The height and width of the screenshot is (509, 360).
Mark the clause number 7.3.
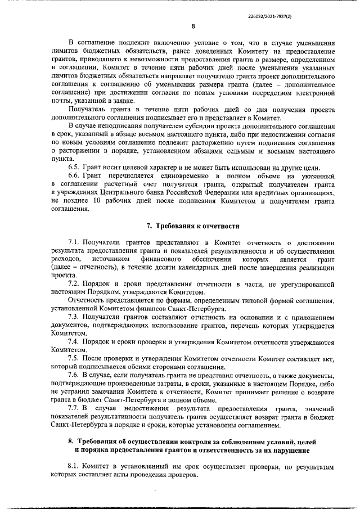[x=74, y=317]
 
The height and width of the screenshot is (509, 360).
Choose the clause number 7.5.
[x=74, y=358]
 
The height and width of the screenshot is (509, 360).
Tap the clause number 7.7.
[x=74, y=407]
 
